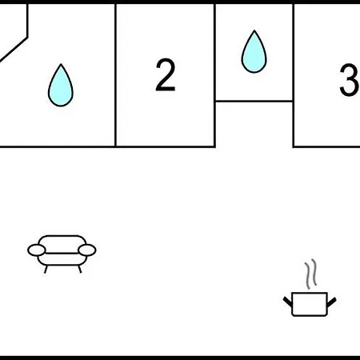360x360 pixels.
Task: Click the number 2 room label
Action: [x=166, y=75]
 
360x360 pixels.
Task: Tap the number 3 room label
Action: [x=350, y=80]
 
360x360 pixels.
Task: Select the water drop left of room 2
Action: [x=61, y=86]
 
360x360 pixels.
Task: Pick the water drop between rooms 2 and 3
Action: [x=254, y=51]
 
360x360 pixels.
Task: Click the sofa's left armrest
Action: [x=37, y=250]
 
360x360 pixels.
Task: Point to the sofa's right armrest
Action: [x=87, y=250]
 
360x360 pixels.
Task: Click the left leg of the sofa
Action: [x=46, y=270]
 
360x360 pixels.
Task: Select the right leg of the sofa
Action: [x=79, y=270]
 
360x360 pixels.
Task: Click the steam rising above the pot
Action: [x=310, y=274]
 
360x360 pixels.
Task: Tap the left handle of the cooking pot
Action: [x=287, y=302]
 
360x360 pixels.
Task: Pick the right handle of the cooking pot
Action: [x=332, y=302]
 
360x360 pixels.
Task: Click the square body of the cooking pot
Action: [x=310, y=304]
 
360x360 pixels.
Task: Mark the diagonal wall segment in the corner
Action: [x=14, y=50]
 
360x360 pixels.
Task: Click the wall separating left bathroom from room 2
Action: [x=115, y=75]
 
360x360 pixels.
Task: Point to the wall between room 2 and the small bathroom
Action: [x=214, y=75]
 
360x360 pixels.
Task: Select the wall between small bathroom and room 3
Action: [x=294, y=75]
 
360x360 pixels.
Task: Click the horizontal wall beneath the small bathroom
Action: [x=254, y=101]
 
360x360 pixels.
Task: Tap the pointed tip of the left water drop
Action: [x=61, y=64]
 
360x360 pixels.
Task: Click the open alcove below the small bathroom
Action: [x=254, y=124]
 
